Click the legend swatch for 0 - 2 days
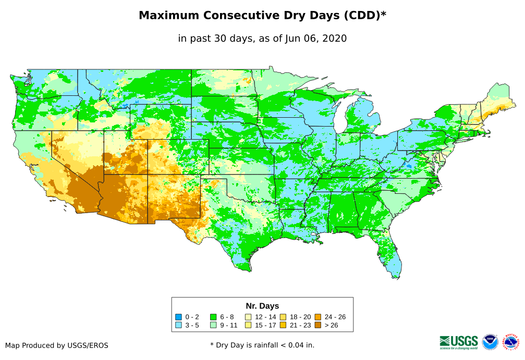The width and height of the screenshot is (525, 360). (178, 317)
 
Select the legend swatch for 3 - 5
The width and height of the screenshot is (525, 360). (178, 325)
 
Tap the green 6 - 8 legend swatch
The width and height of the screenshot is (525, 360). (213, 317)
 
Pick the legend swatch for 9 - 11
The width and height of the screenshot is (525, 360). (213, 325)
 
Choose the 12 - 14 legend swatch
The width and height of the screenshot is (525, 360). (249, 317)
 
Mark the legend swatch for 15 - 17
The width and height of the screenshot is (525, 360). (249, 325)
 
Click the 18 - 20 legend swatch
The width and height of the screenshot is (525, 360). (283, 317)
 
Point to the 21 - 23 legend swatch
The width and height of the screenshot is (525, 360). (283, 325)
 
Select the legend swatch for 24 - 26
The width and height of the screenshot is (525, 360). (318, 317)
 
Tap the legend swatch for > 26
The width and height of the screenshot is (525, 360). (318, 325)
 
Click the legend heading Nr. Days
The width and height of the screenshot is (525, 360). (262, 306)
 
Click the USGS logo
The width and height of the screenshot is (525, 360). (459, 342)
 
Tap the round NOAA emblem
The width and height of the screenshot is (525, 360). (490, 342)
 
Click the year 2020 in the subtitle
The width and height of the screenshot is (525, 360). (335, 38)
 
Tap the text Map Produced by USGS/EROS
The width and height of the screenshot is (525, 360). (57, 345)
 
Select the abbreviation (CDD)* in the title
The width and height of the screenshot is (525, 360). (364, 16)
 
